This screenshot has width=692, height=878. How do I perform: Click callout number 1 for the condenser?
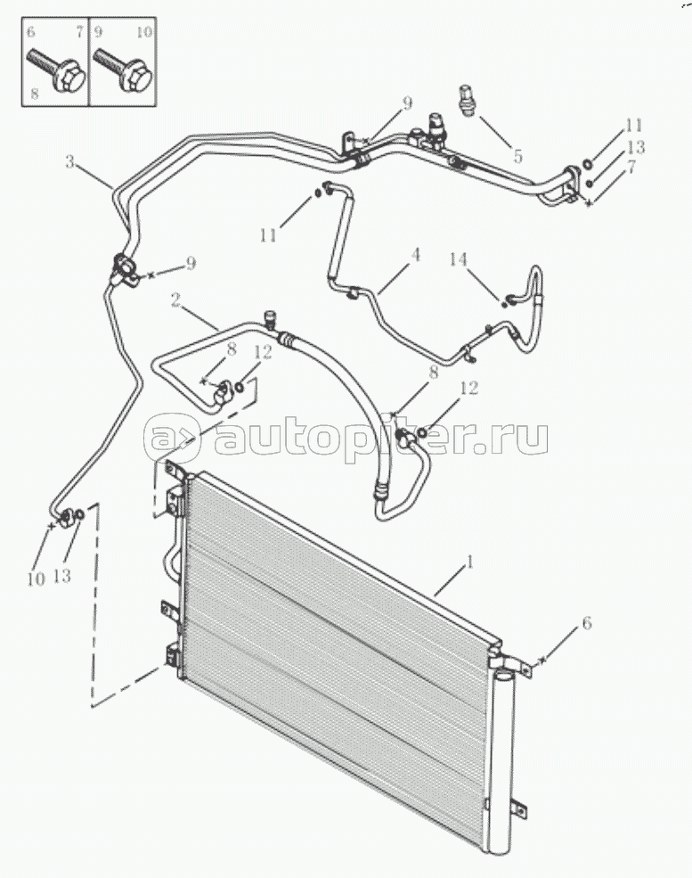469,562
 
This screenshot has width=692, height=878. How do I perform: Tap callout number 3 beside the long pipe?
70,162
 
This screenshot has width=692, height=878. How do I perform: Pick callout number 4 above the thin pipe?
415,255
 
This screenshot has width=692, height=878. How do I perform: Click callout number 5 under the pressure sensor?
517,156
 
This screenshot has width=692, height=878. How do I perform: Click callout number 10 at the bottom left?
36,579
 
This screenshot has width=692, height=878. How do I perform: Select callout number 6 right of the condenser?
587,623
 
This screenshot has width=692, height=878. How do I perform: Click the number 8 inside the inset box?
34,94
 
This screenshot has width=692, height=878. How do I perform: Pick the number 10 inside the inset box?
144,31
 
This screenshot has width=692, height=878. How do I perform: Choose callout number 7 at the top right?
631,167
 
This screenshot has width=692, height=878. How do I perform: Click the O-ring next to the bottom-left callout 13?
79,514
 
